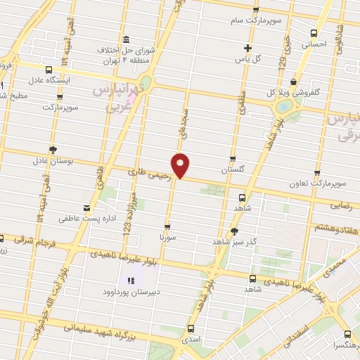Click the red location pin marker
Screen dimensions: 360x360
[181, 164]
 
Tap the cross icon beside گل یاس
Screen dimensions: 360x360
[247, 48]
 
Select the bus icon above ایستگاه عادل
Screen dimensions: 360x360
[49, 70]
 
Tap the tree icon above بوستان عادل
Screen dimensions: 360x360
[53, 149]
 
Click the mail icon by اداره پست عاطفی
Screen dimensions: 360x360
[86, 207]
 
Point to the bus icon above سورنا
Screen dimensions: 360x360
[167, 226]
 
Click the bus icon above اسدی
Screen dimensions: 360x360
[191, 328]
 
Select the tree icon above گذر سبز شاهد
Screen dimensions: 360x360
[235, 231]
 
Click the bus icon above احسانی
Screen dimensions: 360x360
[314, 32]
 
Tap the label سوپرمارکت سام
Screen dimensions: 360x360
[259, 20]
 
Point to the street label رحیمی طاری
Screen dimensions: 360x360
[150, 172]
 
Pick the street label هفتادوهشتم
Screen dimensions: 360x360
[337, 229]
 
